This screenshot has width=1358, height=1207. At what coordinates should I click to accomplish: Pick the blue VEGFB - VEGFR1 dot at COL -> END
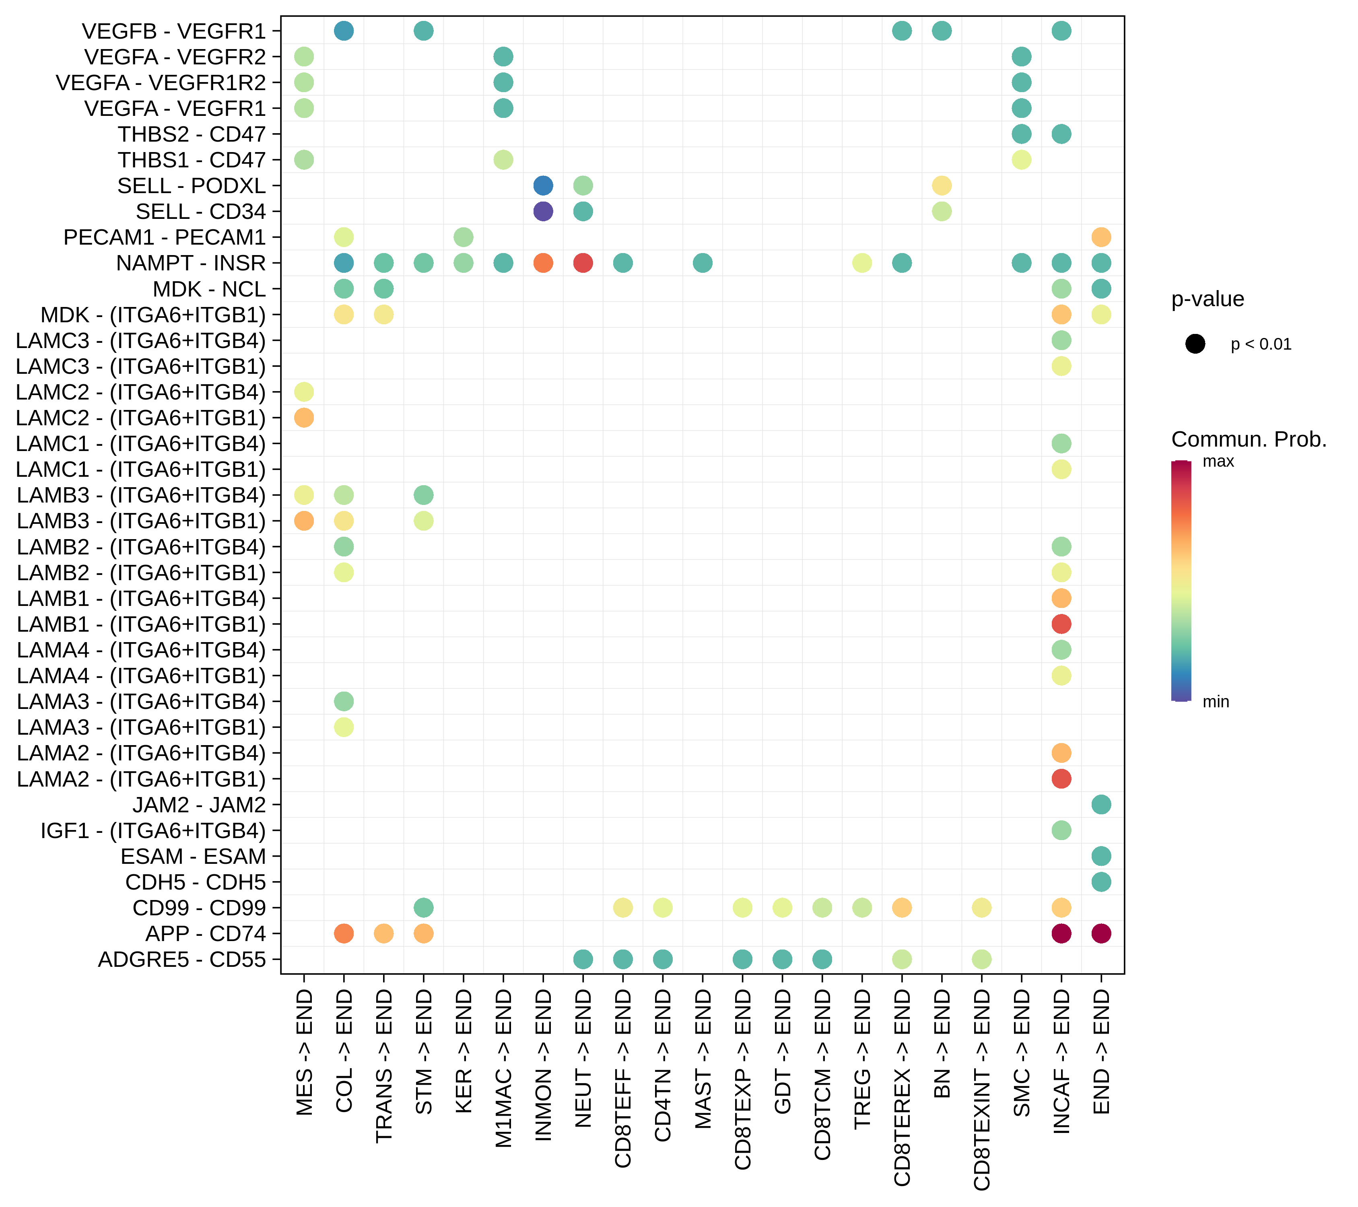coord(344,31)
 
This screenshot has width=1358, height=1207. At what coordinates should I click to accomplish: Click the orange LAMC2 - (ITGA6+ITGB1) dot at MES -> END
coord(304,418)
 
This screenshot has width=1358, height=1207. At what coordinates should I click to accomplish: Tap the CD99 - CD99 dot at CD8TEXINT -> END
coord(981,907)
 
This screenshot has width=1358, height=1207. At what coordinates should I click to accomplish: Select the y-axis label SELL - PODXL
coord(192,186)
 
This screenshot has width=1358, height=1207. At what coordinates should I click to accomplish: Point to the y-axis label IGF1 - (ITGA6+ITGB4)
coord(153,830)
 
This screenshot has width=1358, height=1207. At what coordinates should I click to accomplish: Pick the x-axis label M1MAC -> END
coord(504,1068)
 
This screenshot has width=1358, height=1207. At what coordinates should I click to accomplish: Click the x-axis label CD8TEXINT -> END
coord(982,1090)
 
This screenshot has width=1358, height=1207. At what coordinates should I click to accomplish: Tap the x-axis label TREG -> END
coord(862,1059)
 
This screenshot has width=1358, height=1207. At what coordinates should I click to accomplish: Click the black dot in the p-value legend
coord(1195,344)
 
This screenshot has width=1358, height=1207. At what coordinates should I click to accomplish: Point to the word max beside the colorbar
coord(1218,461)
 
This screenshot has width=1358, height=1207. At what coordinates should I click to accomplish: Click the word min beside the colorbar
coord(1216,702)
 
